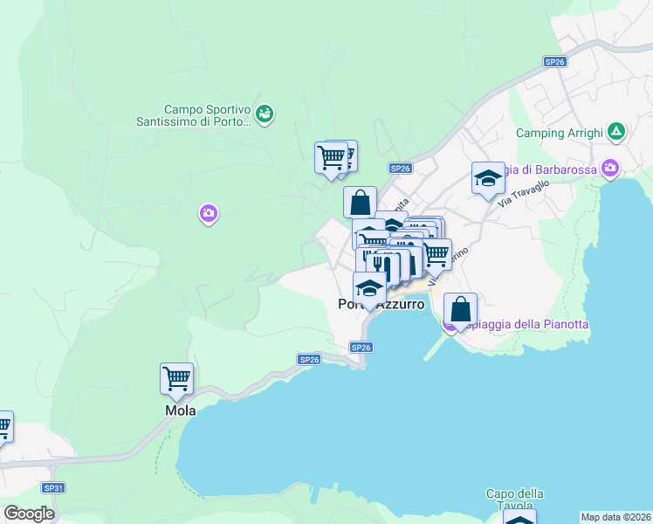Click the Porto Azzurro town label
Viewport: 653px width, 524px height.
pyautogui.click(x=381, y=305)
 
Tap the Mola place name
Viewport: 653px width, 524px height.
pyautogui.click(x=181, y=410)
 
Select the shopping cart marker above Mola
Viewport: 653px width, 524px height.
pyautogui.click(x=176, y=379)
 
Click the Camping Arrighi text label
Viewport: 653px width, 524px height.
pyautogui.click(x=560, y=133)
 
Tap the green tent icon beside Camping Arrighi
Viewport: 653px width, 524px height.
pyautogui.click(x=617, y=132)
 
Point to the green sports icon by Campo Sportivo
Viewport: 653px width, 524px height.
pyautogui.click(x=266, y=113)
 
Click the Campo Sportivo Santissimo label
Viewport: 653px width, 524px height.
pyautogui.click(x=194, y=116)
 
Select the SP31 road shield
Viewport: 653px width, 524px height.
pyautogui.click(x=53, y=488)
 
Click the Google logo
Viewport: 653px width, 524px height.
pyautogui.click(x=29, y=514)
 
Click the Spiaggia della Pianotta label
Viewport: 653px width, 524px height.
pyautogui.click(x=528, y=324)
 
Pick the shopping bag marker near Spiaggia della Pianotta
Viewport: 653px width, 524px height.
pyautogui.click(x=461, y=309)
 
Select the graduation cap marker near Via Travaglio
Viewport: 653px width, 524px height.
pyautogui.click(x=488, y=178)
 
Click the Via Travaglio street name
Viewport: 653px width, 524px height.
pyautogui.click(x=524, y=193)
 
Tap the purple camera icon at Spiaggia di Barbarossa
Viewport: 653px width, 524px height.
pyautogui.click(x=609, y=168)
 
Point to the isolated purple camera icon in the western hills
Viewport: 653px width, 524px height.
pyautogui.click(x=208, y=212)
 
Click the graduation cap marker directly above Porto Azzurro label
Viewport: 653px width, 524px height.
pyautogui.click(x=369, y=288)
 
